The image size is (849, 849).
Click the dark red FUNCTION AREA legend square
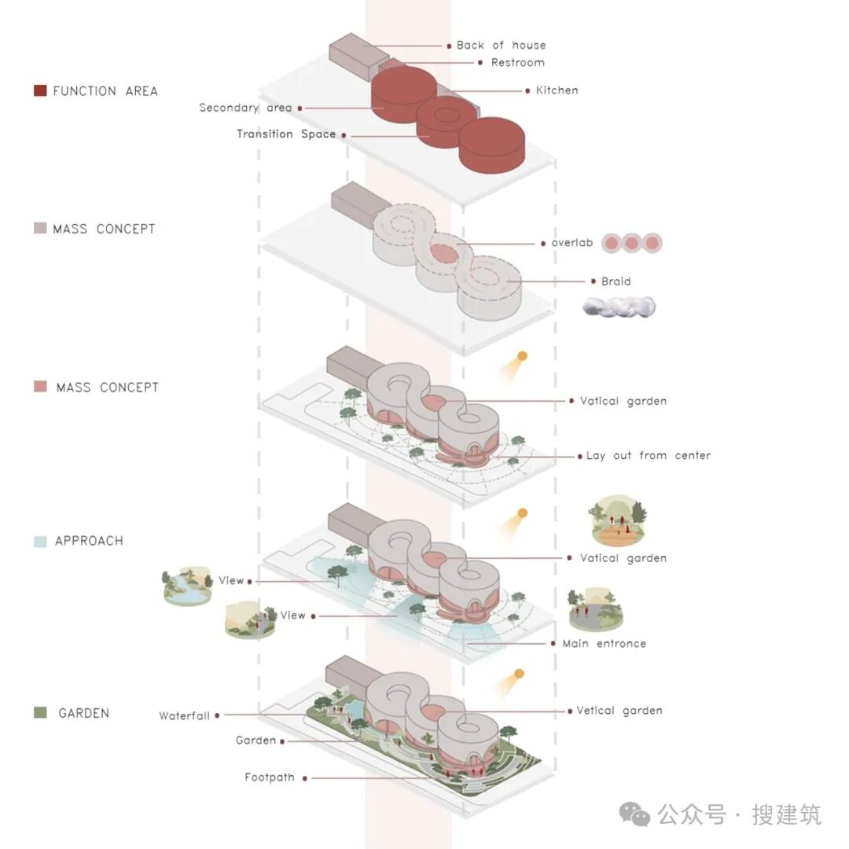pyautogui.click(x=41, y=91)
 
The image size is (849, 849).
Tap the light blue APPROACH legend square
pyautogui.click(x=41, y=542)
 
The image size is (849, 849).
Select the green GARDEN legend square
pyautogui.click(x=41, y=713)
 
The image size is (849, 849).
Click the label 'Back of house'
pyautogui.click(x=501, y=46)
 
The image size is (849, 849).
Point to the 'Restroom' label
pyautogui.click(x=517, y=63)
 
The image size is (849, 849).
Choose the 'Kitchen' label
pyautogui.click(x=557, y=90)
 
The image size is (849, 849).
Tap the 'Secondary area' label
pyautogui.click(x=245, y=108)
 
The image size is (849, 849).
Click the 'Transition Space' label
pyautogui.click(x=286, y=134)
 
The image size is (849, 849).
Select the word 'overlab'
pyautogui.click(x=572, y=243)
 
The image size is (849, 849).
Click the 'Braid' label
pyautogui.click(x=616, y=281)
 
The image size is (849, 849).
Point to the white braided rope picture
pyautogui.click(x=619, y=307)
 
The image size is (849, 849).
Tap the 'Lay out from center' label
pyautogui.click(x=648, y=456)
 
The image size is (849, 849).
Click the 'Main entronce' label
pyautogui.click(x=604, y=644)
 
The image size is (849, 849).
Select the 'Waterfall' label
pyautogui.click(x=184, y=716)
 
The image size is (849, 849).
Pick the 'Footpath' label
pyautogui.click(x=270, y=777)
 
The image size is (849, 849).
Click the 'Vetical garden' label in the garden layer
pyautogui.click(x=619, y=711)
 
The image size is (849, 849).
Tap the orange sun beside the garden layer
pyautogui.click(x=519, y=674)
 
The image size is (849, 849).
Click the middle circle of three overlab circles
pyautogui.click(x=632, y=244)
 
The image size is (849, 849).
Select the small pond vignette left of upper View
pyautogui.click(x=187, y=586)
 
